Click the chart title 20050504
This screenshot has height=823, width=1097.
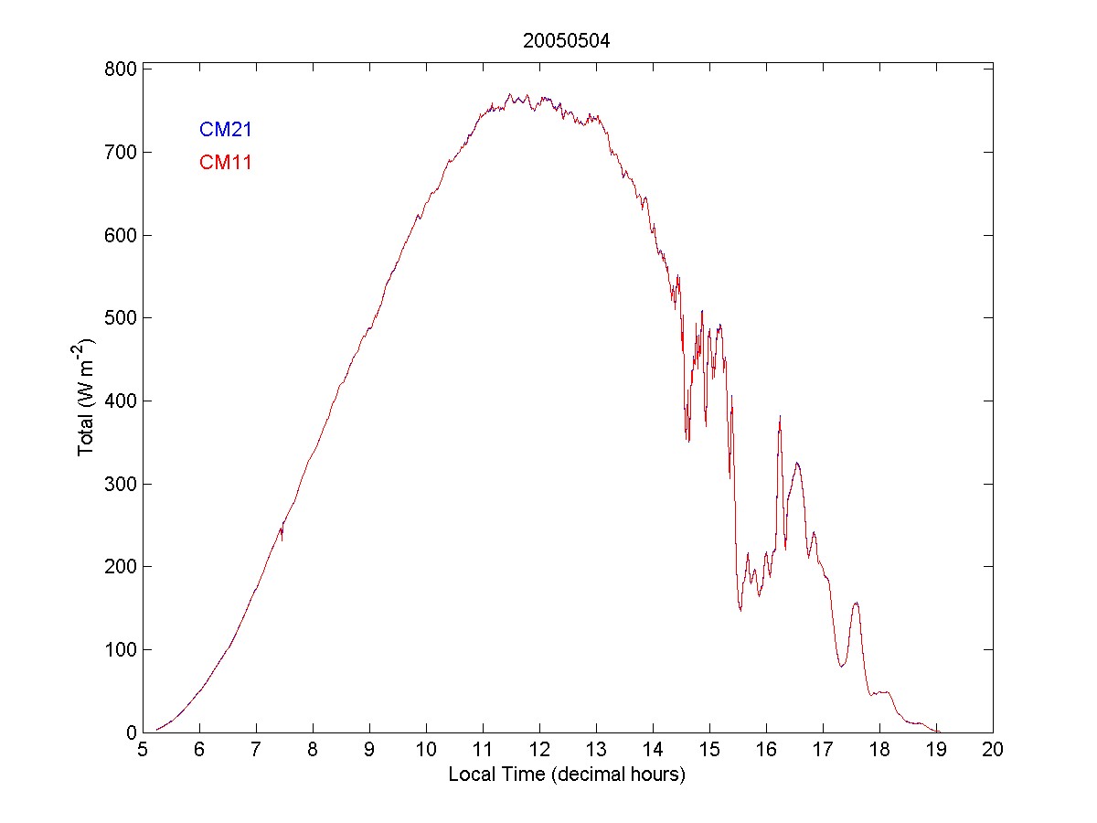(x=566, y=40)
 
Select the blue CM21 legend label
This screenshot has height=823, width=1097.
(x=226, y=130)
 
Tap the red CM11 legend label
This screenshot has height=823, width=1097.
(x=226, y=164)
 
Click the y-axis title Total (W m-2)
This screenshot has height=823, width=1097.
(x=88, y=398)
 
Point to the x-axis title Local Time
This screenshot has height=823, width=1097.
(x=567, y=775)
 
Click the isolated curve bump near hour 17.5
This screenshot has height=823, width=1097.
(x=856, y=604)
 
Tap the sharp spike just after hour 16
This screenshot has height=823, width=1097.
(x=780, y=418)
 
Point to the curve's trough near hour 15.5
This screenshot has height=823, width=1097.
(x=740, y=608)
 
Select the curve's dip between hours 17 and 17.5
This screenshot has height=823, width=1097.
(x=842, y=666)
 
